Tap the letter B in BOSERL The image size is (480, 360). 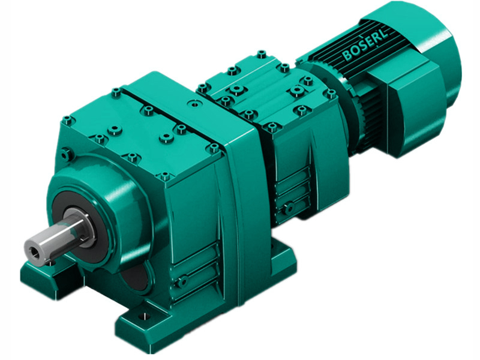(347, 57)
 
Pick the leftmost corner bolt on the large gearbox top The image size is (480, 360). (68, 121)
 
